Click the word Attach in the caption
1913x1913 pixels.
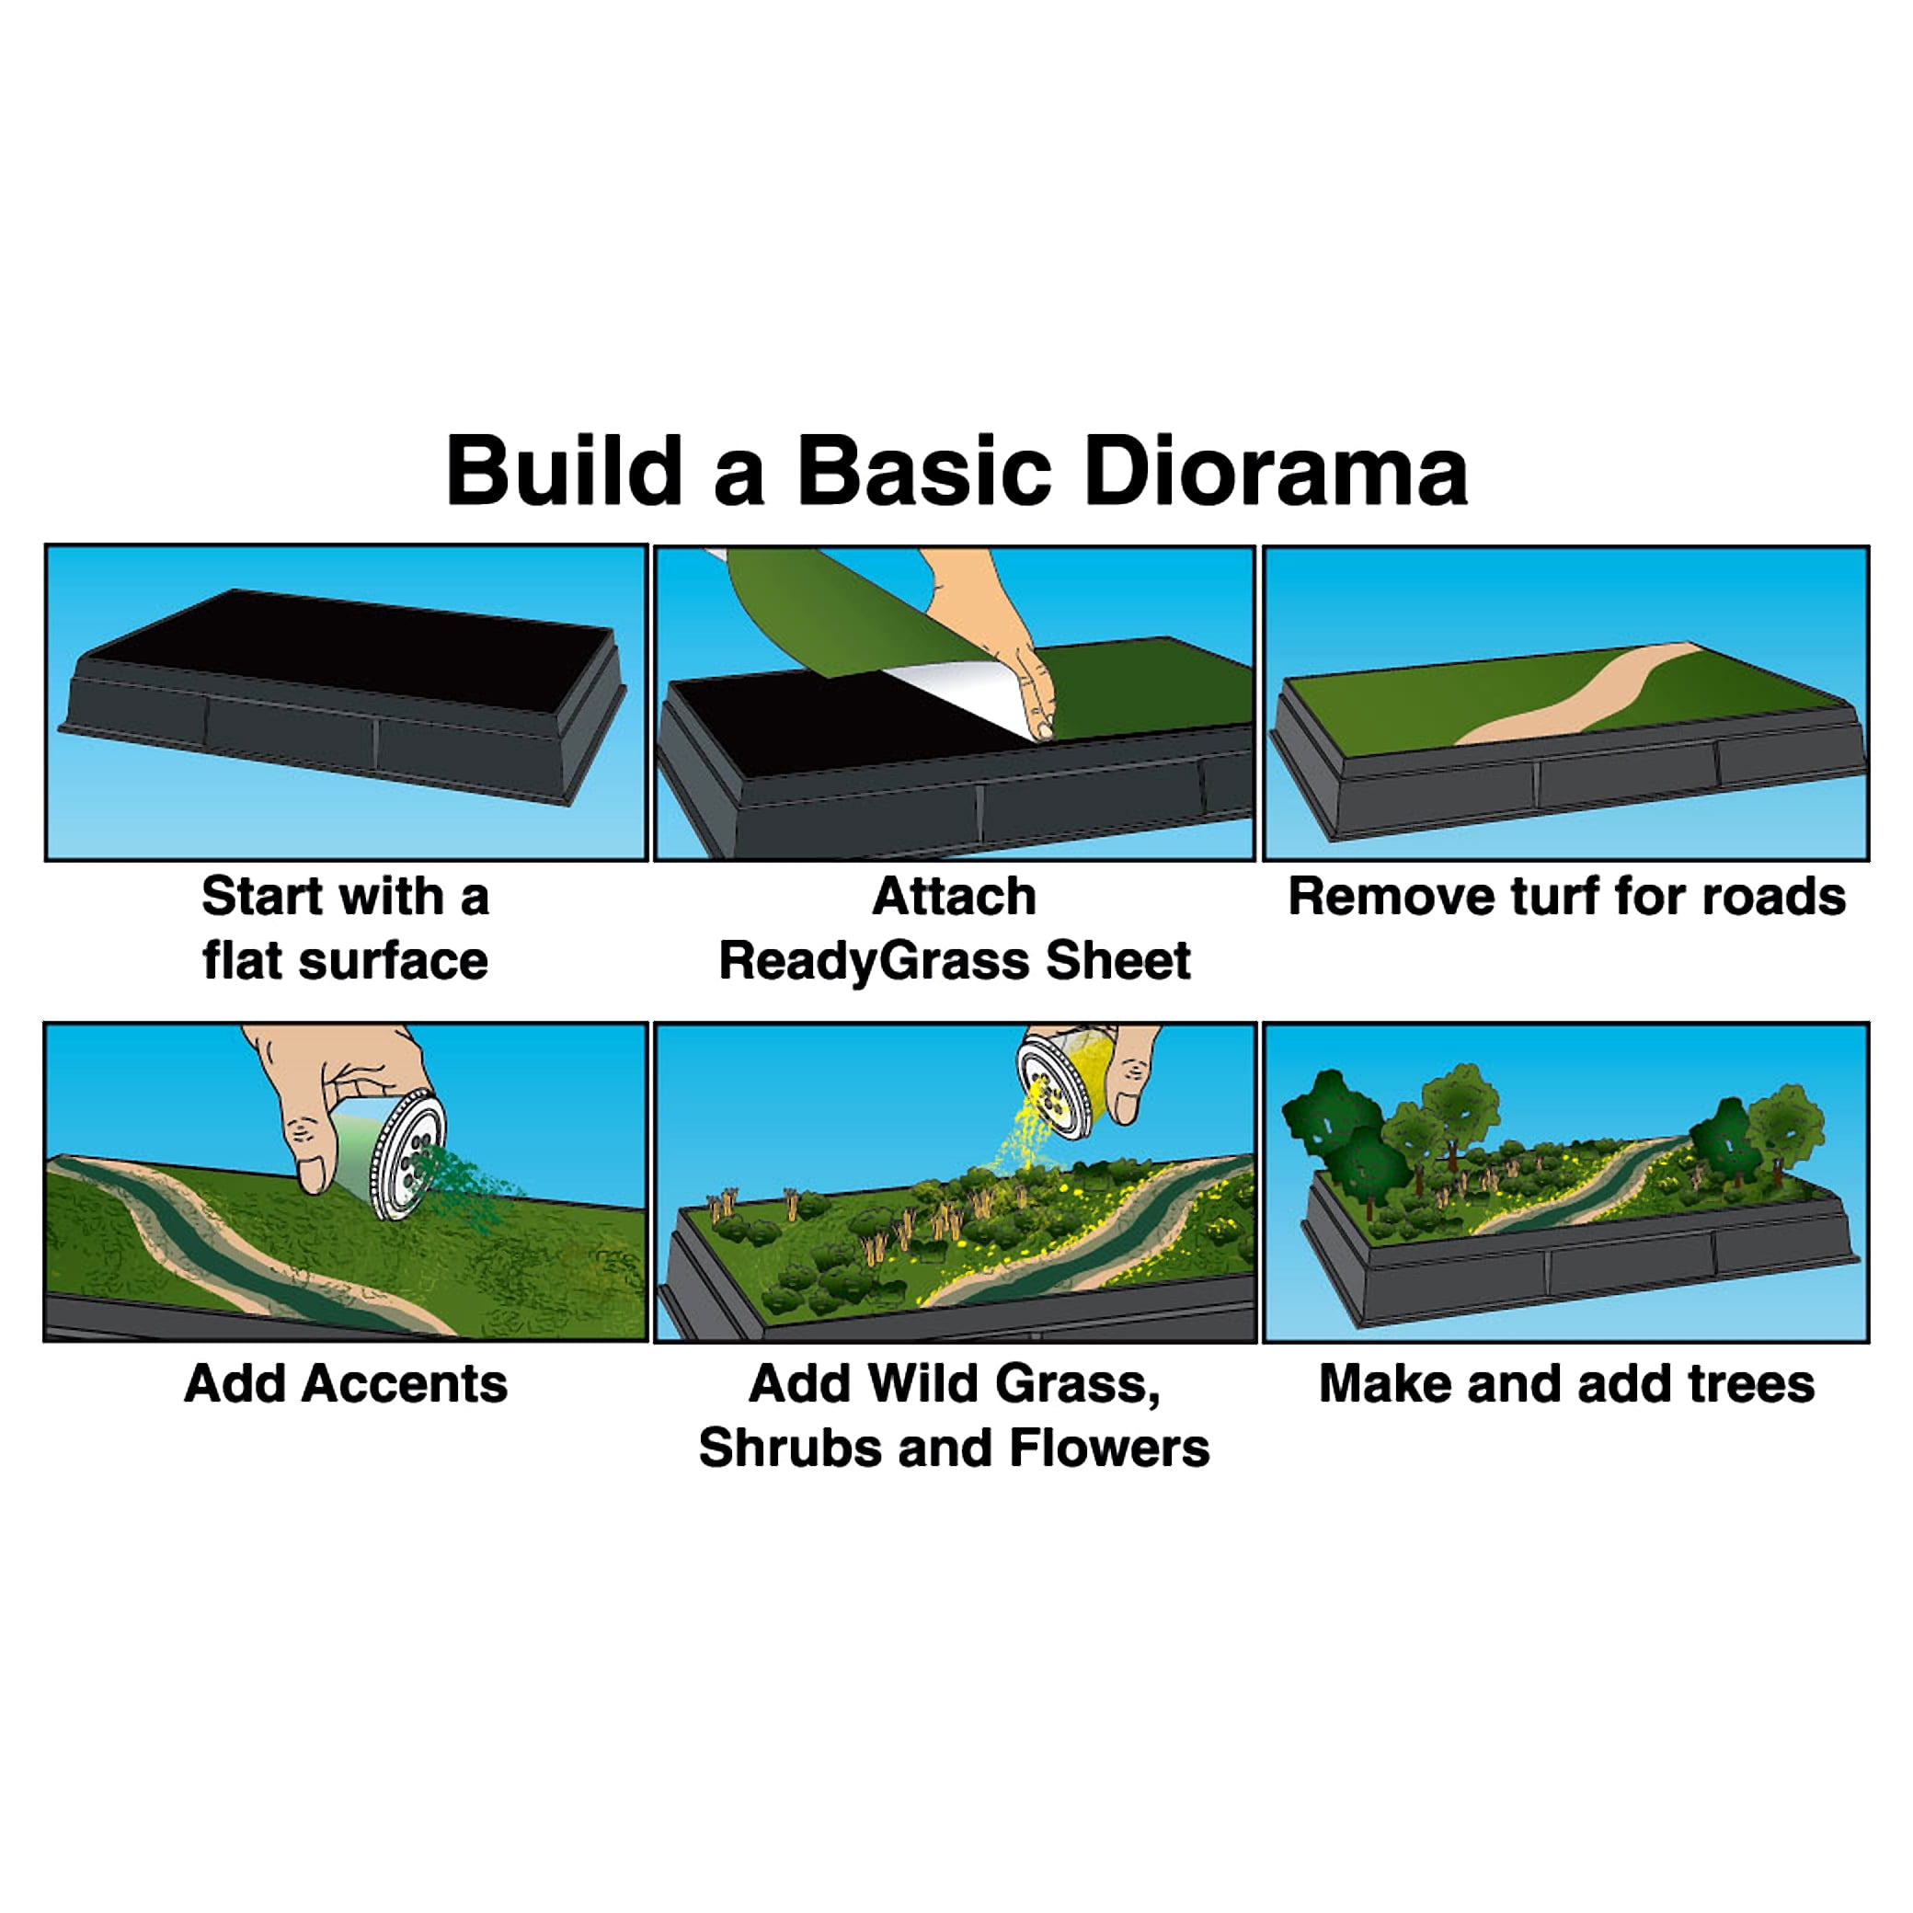point(955,897)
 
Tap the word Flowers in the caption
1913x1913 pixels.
point(1109,1449)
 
